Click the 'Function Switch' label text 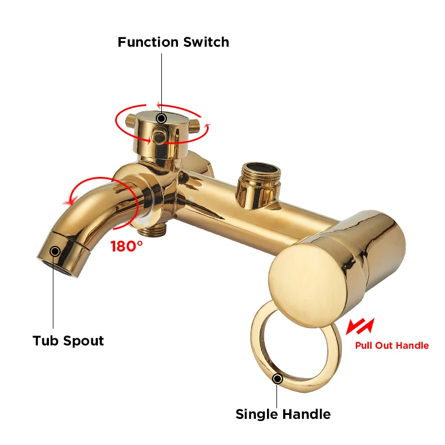pyautogui.click(x=173, y=42)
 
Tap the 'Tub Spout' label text pyautogui.click(x=68, y=340)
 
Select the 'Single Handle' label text pyautogui.click(x=283, y=414)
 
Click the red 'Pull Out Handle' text pyautogui.click(x=392, y=345)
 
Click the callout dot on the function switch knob pyautogui.click(x=161, y=118)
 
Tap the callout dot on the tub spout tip pyautogui.click(x=55, y=251)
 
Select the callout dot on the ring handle pyautogui.click(x=277, y=379)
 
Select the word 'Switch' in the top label pyautogui.click(x=206, y=42)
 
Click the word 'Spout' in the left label pyautogui.click(x=85, y=340)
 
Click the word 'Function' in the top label pyautogui.click(x=148, y=42)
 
